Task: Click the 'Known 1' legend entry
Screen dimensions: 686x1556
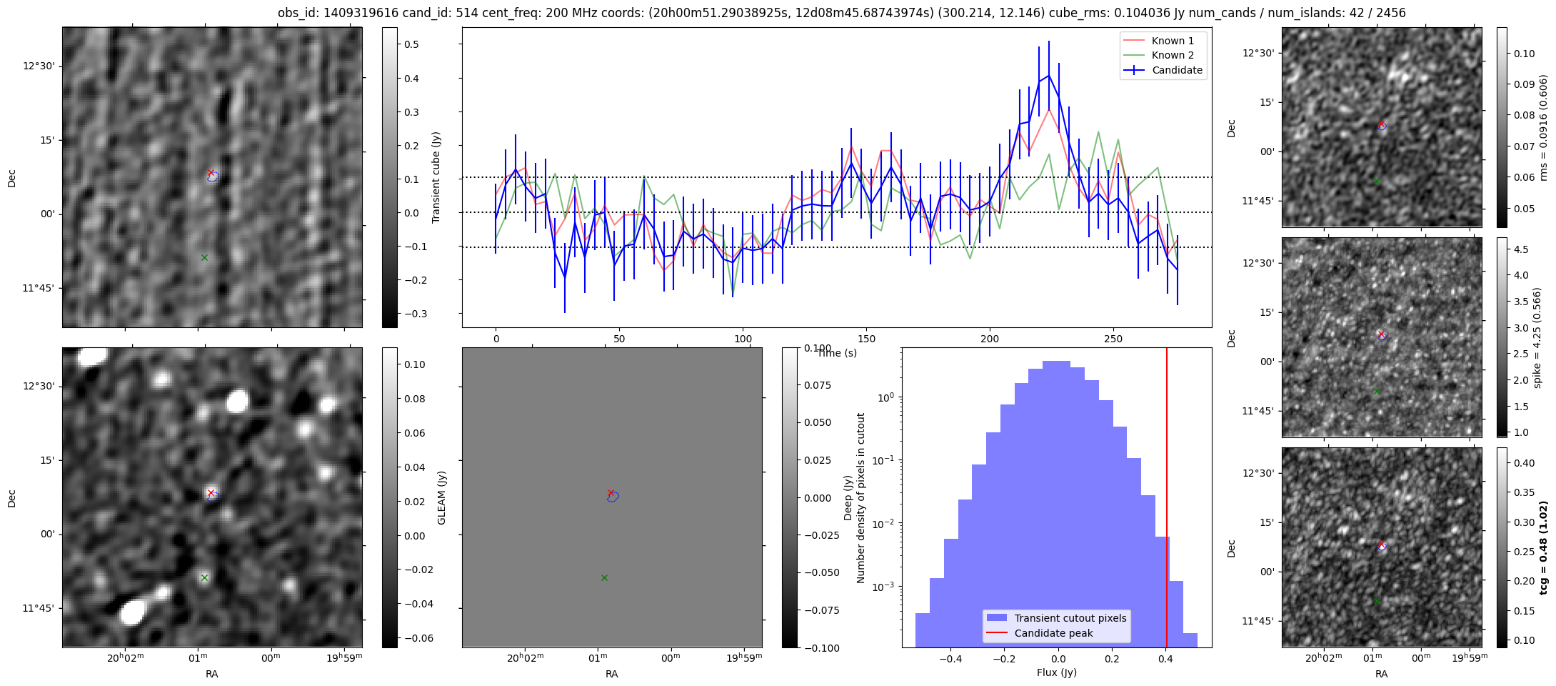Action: pos(1172,41)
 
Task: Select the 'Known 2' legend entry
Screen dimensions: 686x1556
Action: pos(1172,55)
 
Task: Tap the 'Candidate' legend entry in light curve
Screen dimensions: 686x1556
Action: pos(1177,70)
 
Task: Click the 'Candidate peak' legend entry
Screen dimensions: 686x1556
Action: pos(1053,633)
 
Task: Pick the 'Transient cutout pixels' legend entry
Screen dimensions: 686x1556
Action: pos(1070,618)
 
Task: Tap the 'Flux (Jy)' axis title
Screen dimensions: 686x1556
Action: pos(1056,672)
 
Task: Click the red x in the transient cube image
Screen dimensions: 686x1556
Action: pos(211,172)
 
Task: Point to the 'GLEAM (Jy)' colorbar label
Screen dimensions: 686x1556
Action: pos(441,497)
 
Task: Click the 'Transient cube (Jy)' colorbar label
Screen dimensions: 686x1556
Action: pos(436,177)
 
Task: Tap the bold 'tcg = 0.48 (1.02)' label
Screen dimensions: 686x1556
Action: pos(1543,547)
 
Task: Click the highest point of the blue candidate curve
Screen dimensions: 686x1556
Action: pos(1048,75)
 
